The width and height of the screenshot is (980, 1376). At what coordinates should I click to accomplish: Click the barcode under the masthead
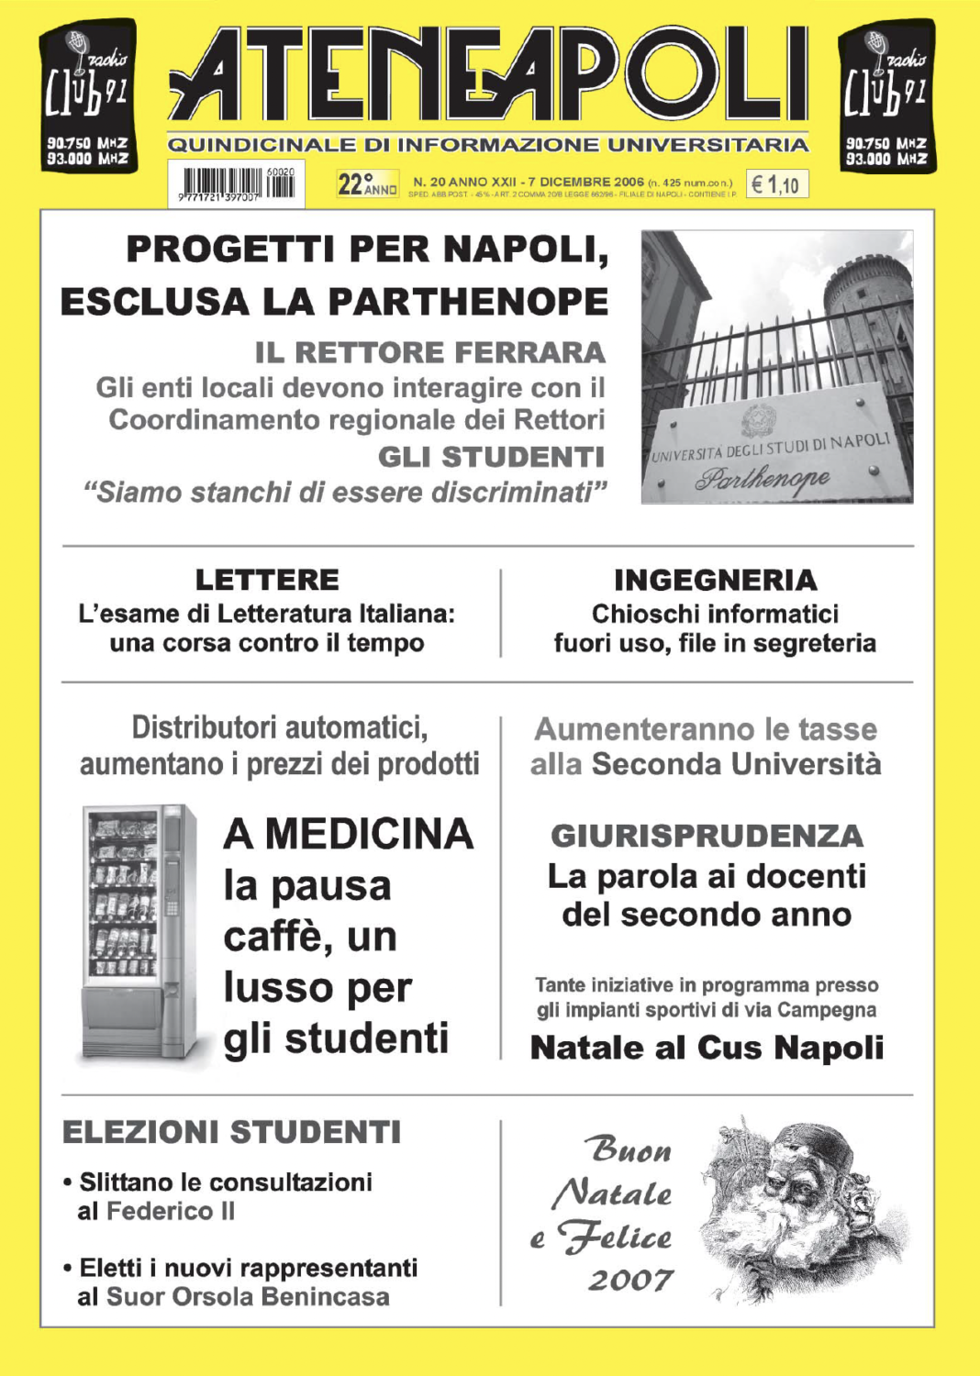point(237,183)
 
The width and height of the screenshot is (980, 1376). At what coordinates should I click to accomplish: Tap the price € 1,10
point(775,185)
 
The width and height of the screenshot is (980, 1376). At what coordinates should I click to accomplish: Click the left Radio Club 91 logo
point(88,96)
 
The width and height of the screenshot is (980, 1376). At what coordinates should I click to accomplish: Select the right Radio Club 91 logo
point(886,96)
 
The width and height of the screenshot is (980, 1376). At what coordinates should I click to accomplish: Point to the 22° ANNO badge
point(367,184)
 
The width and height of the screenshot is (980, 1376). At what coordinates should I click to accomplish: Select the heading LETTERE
point(267,580)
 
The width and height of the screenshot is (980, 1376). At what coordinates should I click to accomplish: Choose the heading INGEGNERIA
point(716,580)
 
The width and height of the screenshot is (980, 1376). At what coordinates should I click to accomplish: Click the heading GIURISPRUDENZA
point(707,836)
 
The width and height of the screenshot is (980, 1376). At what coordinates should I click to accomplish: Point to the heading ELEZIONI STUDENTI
point(231,1132)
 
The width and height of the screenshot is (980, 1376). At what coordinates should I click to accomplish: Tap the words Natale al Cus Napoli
point(707,1047)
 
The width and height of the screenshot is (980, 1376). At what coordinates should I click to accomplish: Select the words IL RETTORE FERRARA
point(430,352)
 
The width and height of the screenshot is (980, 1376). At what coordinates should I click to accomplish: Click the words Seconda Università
point(736,763)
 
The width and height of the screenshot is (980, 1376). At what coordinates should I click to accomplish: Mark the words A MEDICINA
point(349,834)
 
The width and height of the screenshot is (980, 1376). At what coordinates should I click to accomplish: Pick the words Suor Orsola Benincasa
point(248,1296)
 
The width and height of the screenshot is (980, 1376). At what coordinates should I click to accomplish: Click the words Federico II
point(171,1211)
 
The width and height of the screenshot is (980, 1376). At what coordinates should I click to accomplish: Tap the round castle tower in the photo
point(867,303)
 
